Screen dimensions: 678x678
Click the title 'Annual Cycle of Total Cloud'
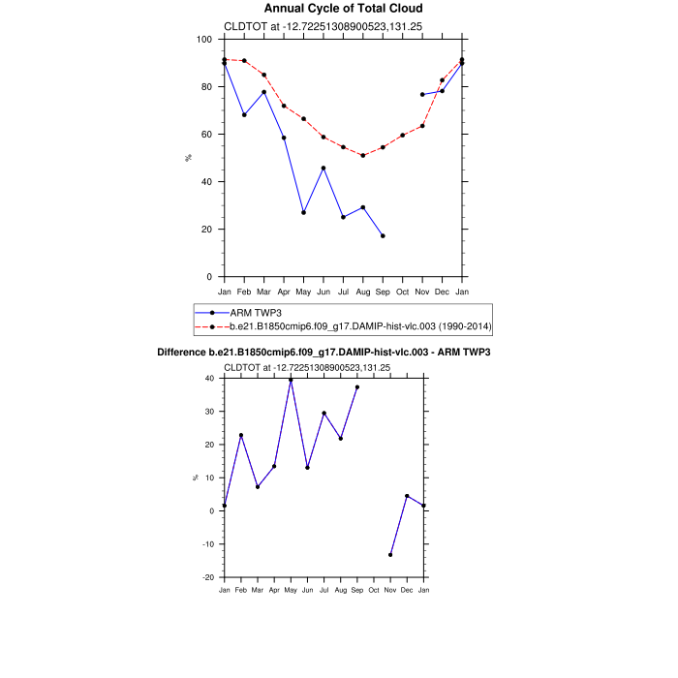[343, 9]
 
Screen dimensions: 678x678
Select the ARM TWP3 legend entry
[255, 313]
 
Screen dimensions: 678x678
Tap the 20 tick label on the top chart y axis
[206, 230]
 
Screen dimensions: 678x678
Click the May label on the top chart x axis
[303, 292]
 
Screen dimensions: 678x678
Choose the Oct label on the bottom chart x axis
[374, 589]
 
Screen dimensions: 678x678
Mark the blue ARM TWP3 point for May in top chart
[303, 212]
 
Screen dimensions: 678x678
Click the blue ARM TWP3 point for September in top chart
[383, 236]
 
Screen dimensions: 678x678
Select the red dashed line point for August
[362, 155]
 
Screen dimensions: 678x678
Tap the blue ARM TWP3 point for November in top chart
[422, 94]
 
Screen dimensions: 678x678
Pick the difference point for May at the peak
[291, 380]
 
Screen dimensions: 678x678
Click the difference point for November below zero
[390, 555]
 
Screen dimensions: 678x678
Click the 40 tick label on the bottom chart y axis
[209, 379]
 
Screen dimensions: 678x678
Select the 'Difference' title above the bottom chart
[324, 352]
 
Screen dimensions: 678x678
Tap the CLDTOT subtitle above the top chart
[308, 26]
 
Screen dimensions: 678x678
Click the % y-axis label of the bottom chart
[195, 478]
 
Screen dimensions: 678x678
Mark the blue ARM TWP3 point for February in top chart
[244, 114]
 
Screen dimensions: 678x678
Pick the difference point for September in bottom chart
[357, 387]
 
